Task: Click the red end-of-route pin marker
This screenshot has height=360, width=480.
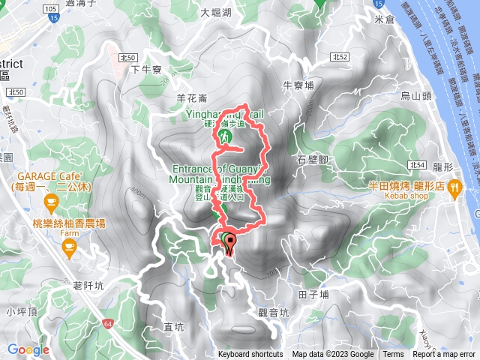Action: [x=230, y=241]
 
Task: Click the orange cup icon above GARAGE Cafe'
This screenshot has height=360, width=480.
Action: [x=50, y=200]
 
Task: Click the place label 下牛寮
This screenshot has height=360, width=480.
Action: [x=146, y=70]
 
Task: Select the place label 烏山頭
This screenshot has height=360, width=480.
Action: [x=415, y=95]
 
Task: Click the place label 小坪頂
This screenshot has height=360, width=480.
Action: [x=21, y=311]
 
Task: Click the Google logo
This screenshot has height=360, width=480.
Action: [x=28, y=349]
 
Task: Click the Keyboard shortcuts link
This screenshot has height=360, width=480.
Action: [x=250, y=355]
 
